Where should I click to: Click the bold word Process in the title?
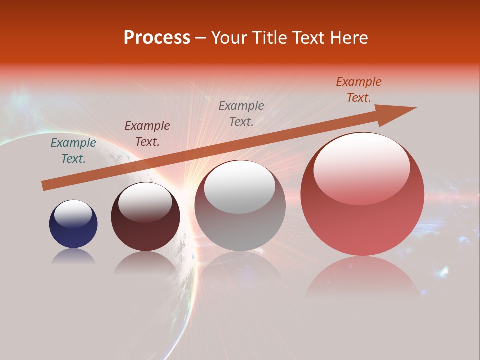[x=157, y=38]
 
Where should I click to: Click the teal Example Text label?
[x=73, y=151]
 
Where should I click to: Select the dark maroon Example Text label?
[x=147, y=134]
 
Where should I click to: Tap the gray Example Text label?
[x=241, y=113]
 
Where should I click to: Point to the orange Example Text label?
[x=359, y=90]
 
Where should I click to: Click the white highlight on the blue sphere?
[x=73, y=214]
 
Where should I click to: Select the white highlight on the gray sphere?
[x=240, y=187]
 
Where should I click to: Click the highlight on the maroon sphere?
[x=145, y=202]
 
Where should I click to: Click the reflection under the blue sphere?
[x=73, y=257]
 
